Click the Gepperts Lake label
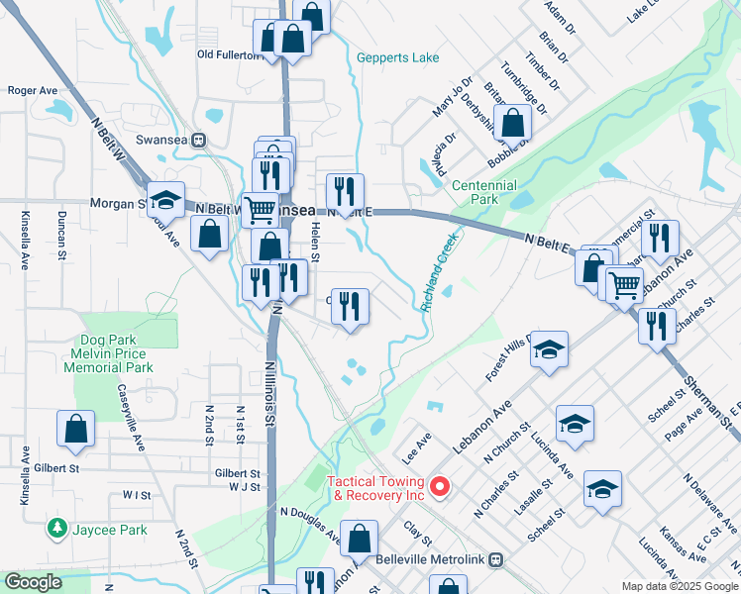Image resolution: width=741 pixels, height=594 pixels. click(x=397, y=58)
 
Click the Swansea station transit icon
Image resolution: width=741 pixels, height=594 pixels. click(x=199, y=141)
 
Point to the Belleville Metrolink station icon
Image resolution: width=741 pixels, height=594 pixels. click(x=495, y=558)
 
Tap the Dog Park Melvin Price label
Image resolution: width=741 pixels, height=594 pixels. click(x=108, y=353)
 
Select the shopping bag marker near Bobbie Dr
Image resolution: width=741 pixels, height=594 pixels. click(x=513, y=124)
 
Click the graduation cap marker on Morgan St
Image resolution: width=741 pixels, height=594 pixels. click(x=166, y=201)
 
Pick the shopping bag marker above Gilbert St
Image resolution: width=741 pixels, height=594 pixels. click(x=75, y=430)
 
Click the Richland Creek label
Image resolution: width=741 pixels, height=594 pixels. click(x=441, y=272)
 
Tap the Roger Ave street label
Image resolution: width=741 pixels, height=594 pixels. click(x=33, y=90)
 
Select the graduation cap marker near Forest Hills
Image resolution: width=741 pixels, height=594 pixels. click(x=550, y=350)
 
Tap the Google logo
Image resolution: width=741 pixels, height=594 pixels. click(x=33, y=582)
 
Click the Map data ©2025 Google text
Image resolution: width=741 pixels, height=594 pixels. click(x=679, y=586)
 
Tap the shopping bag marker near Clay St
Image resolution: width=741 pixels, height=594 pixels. click(x=360, y=540)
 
